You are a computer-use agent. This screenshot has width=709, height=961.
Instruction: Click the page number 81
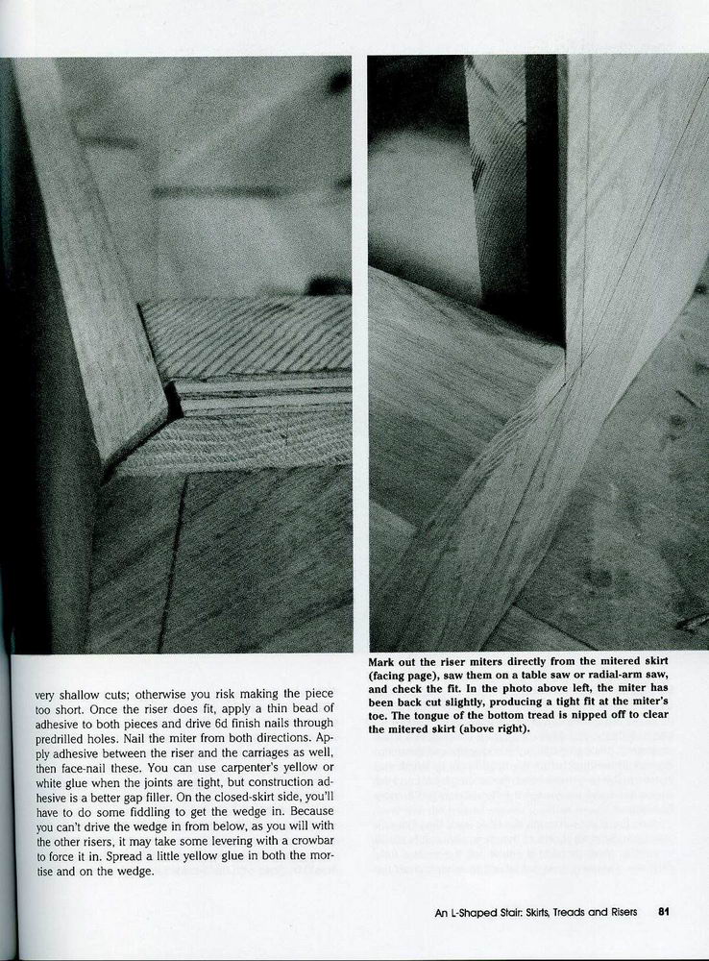pyautogui.click(x=664, y=913)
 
